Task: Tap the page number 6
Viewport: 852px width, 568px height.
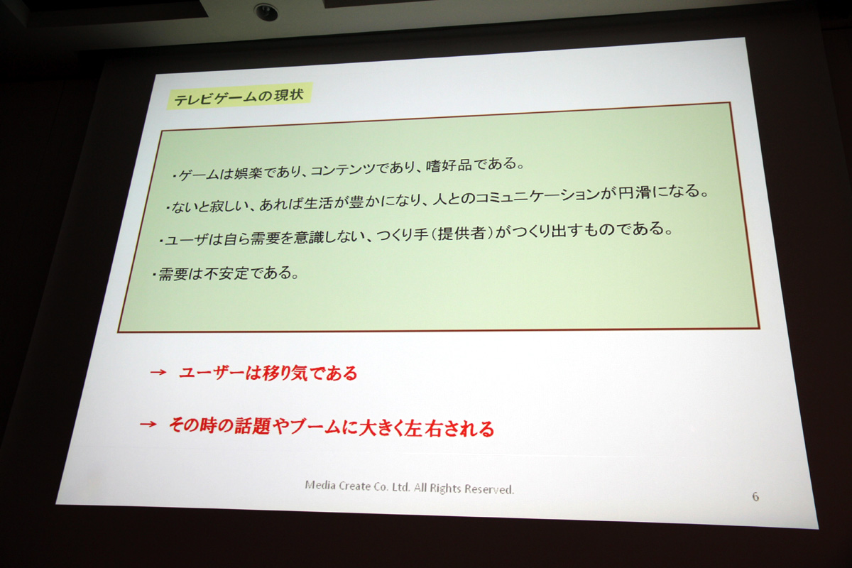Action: coord(755,496)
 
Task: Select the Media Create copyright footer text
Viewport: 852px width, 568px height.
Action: coord(409,487)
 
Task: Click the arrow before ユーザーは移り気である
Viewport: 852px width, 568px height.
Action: coord(158,372)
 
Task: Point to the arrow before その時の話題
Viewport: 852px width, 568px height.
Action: coord(148,424)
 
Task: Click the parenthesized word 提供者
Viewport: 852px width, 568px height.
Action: coord(461,233)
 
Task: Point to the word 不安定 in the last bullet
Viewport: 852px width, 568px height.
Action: coord(226,273)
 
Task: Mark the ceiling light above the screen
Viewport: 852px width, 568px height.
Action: coord(266,12)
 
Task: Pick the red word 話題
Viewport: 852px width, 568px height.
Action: coord(252,426)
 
